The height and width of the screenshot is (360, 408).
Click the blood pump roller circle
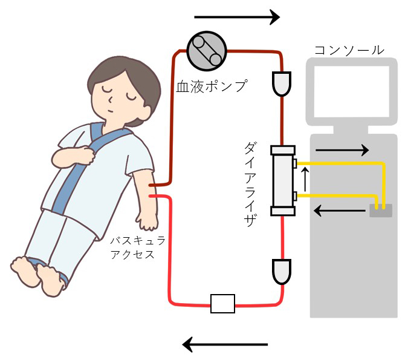206,51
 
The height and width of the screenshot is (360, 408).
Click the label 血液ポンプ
212,86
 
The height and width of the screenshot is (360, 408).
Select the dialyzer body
282,180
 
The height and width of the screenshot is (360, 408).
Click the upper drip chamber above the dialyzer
282,83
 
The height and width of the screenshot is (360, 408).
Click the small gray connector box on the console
380,210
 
